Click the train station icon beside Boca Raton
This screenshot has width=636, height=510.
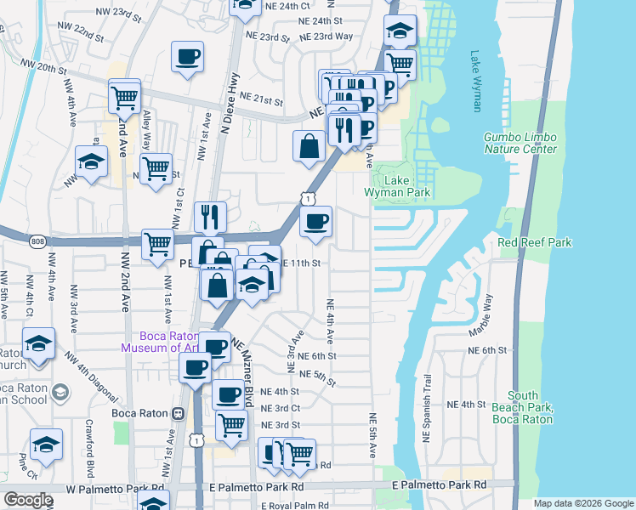tap(177, 414)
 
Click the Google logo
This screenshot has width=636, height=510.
tap(28, 500)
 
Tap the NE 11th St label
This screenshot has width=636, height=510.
tap(301, 263)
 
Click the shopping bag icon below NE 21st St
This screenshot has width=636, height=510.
tap(307, 145)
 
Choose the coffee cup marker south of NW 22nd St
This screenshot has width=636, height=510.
tap(188, 58)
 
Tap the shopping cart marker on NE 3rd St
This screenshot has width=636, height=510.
tap(231, 425)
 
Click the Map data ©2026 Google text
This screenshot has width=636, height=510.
tap(582, 503)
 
